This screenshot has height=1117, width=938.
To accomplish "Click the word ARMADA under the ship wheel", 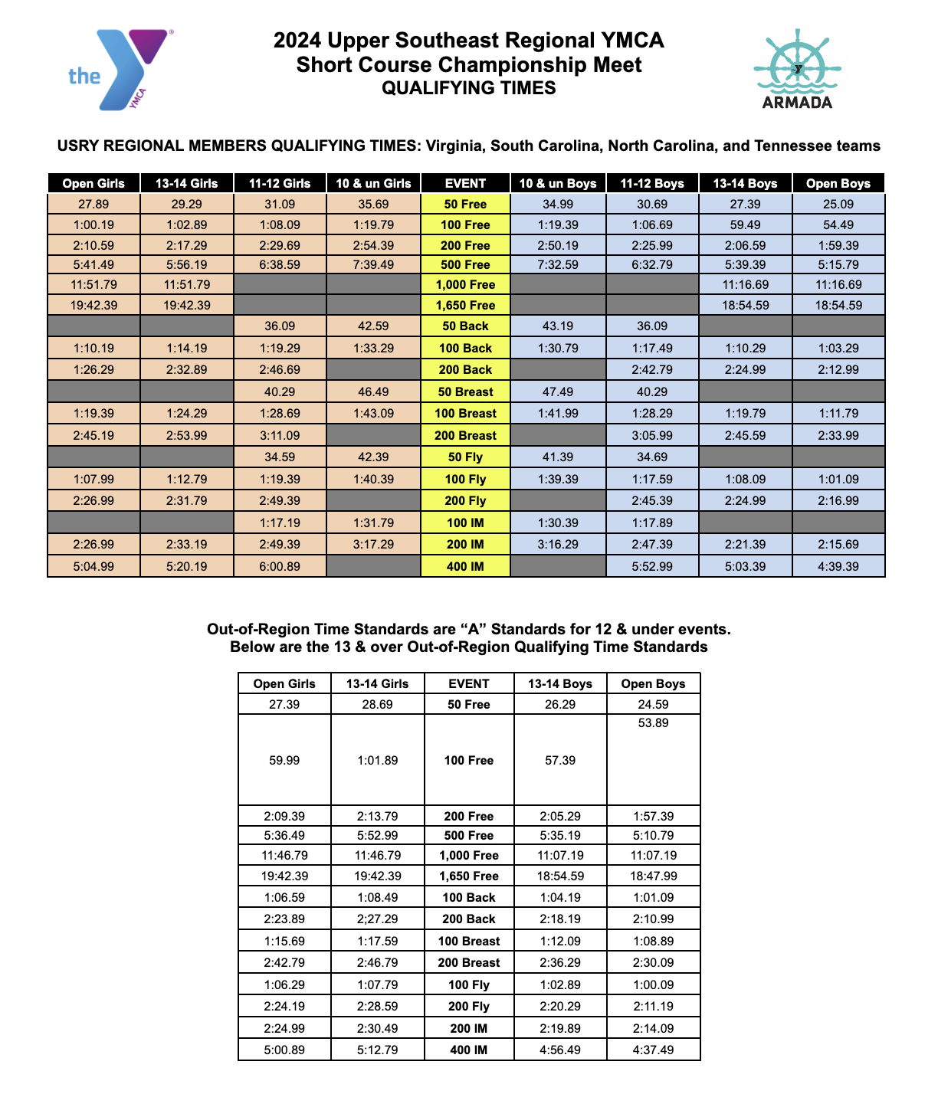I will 797,103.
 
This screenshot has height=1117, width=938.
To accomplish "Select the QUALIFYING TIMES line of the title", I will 469,88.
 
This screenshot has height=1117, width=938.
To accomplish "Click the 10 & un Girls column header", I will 373,183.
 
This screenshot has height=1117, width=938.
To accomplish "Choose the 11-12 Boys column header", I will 652,183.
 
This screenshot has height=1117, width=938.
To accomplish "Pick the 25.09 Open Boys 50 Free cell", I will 838,204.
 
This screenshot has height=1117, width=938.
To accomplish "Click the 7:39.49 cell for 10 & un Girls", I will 373,264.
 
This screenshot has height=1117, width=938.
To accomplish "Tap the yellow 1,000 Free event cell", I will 466,284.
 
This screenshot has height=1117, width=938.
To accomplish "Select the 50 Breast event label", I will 466,391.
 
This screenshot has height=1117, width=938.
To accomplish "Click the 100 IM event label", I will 466,522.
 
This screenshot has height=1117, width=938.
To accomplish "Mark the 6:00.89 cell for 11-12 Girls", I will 280,567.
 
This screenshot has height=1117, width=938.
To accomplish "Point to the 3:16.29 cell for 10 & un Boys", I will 559,544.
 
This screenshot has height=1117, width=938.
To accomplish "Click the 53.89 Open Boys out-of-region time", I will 653,723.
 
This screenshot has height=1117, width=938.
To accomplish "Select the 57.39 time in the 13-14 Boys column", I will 560,760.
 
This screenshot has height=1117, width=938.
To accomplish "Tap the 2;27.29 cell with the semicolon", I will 377,919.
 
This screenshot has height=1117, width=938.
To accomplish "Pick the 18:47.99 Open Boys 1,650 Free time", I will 653,876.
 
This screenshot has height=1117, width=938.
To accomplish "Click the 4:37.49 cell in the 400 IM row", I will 653,1050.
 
